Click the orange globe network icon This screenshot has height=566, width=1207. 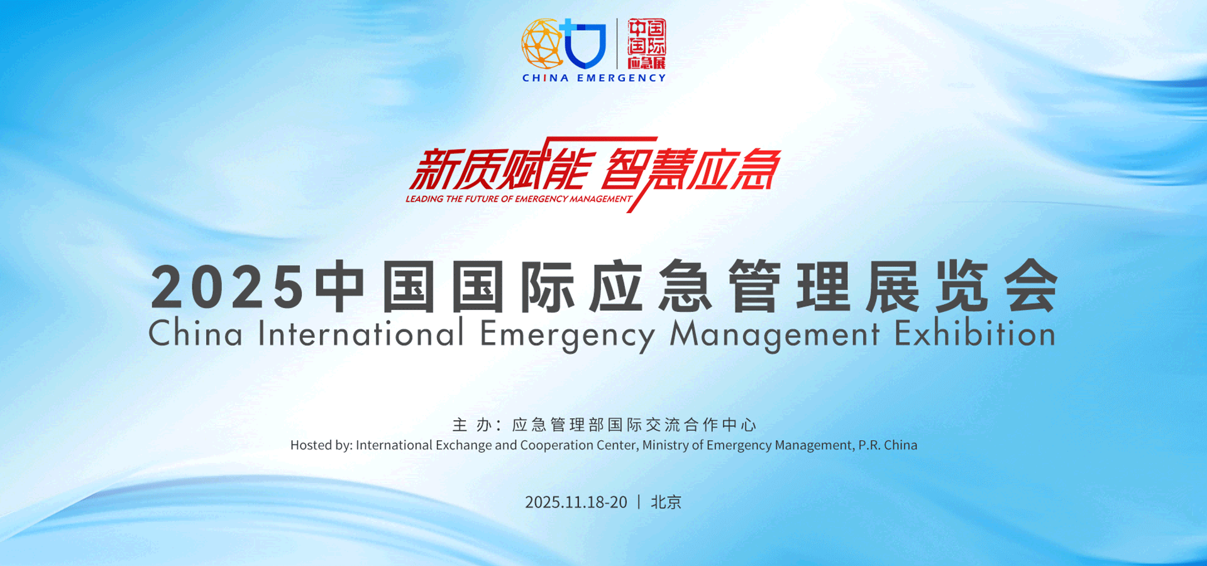[542, 43]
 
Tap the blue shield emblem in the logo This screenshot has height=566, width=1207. [585, 43]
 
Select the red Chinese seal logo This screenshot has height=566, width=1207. [646, 43]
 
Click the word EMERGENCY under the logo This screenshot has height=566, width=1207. [622, 78]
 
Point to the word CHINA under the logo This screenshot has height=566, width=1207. [546, 78]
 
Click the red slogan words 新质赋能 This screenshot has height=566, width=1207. [500, 168]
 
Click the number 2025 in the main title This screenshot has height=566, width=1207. [228, 287]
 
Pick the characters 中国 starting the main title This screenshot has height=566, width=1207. [375, 287]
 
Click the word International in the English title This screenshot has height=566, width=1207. [361, 333]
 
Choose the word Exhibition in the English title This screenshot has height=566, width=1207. [975, 333]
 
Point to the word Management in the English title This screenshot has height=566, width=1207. [774, 335]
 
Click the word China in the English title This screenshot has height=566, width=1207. [196, 333]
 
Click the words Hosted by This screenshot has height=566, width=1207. [321, 445]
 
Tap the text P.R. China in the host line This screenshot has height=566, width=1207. [888, 445]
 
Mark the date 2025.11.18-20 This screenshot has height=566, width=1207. [576, 502]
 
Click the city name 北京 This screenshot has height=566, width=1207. [666, 502]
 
